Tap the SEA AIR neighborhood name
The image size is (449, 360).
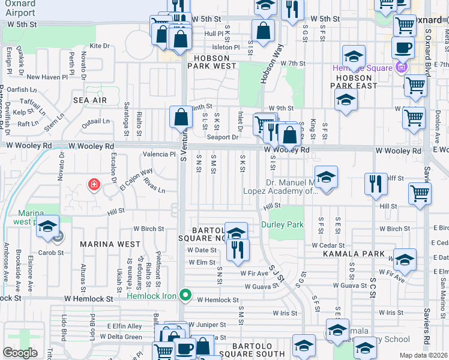pyautogui.click(x=89, y=100)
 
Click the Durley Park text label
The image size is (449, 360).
pyautogui.click(x=282, y=225)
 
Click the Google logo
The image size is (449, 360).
pyautogui.click(x=20, y=353)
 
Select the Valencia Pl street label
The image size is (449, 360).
pyautogui.click(x=158, y=154)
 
